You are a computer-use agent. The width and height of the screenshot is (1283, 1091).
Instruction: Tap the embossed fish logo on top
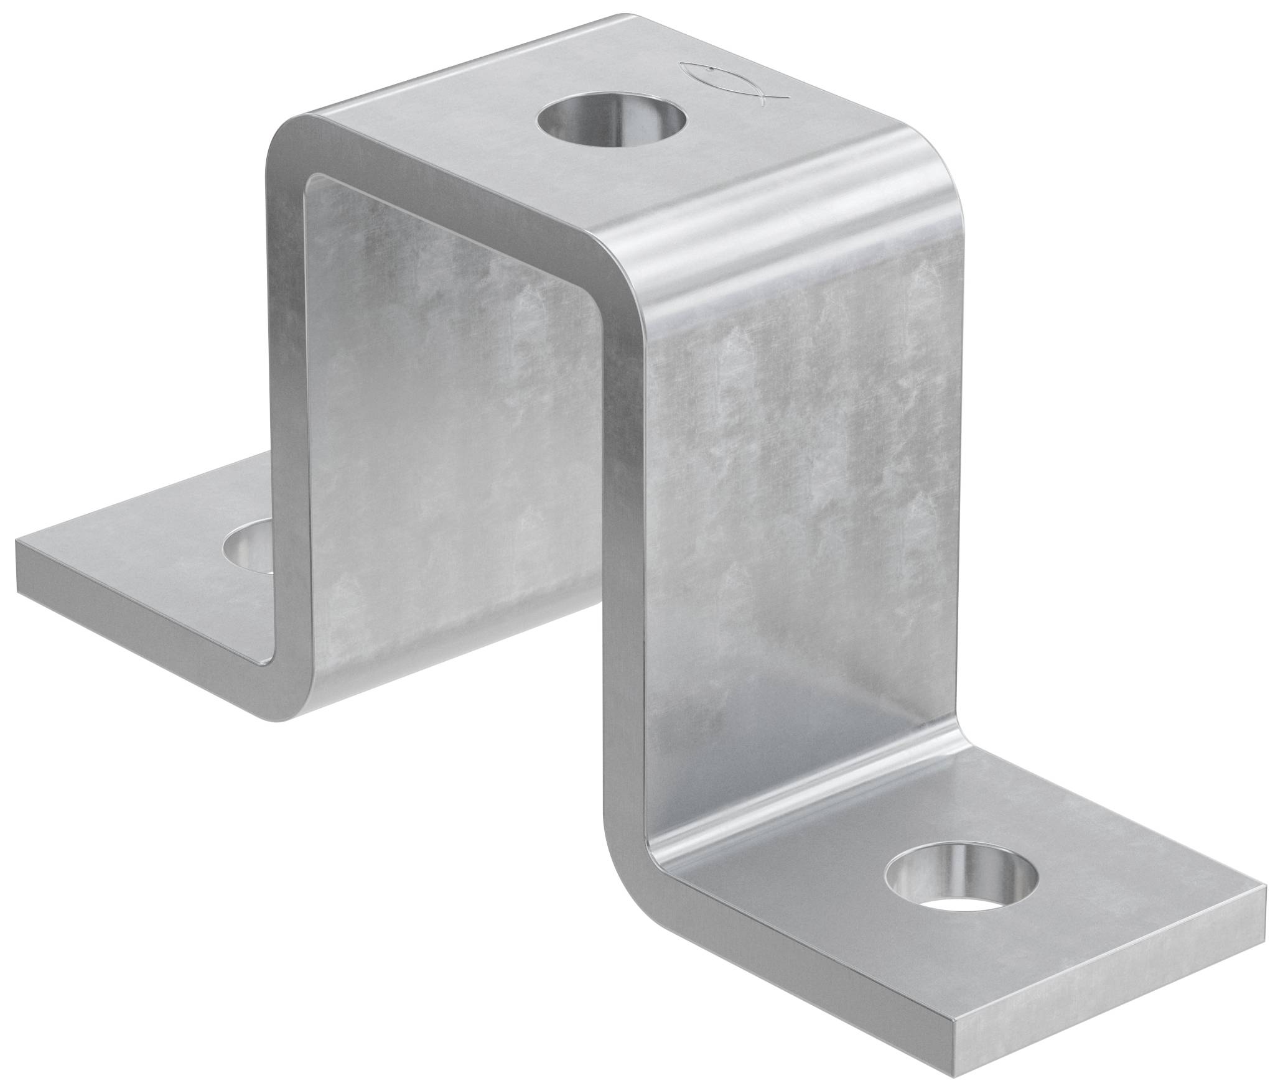734,83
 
